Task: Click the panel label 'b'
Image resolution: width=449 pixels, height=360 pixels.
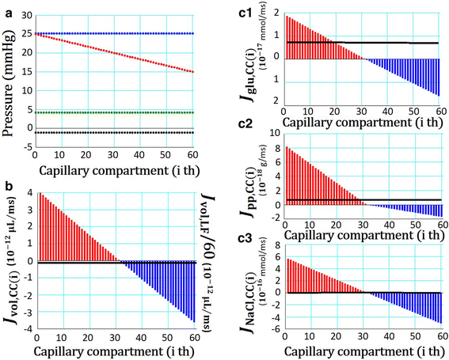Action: (6, 186)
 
